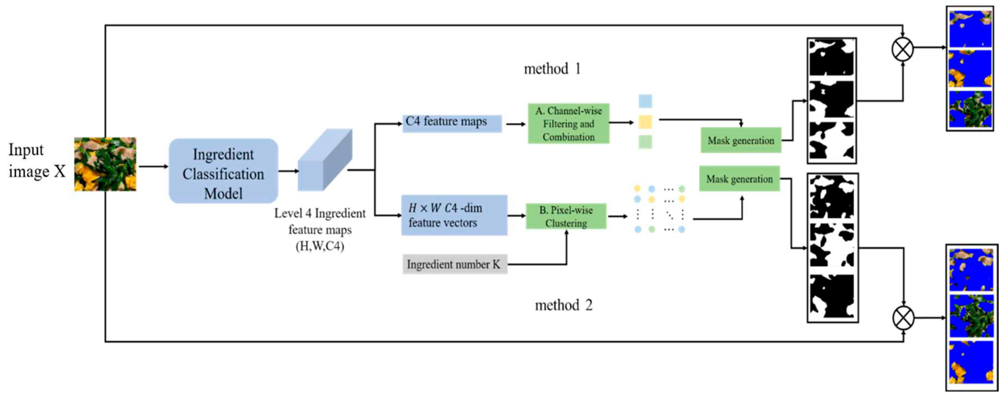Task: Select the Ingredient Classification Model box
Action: tap(223, 171)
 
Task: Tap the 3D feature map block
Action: tap(325, 161)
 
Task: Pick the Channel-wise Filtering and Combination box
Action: tap(568, 124)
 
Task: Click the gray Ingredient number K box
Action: tap(454, 264)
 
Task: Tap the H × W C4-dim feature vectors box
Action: tap(454, 215)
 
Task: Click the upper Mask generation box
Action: tap(740, 140)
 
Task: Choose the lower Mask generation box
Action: tap(739, 179)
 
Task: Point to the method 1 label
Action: tap(552, 69)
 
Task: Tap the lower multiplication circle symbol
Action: tap(903, 318)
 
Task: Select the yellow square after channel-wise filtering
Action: tap(645, 122)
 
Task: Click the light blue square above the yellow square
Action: tap(645, 101)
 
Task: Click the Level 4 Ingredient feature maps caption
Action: tap(320, 230)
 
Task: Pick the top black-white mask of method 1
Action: tap(831, 58)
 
